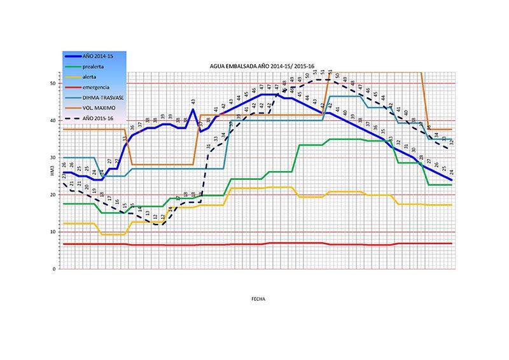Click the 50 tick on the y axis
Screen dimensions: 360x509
coord(54,83)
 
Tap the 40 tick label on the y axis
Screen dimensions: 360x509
coord(54,121)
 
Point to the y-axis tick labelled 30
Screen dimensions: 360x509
coord(54,158)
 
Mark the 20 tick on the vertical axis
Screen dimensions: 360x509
coord(54,195)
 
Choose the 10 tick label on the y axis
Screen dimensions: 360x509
coord(54,232)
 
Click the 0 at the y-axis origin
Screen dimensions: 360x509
coord(55,269)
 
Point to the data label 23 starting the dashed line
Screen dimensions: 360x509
coord(64,176)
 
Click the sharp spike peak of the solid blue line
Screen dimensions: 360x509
coord(193,109)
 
